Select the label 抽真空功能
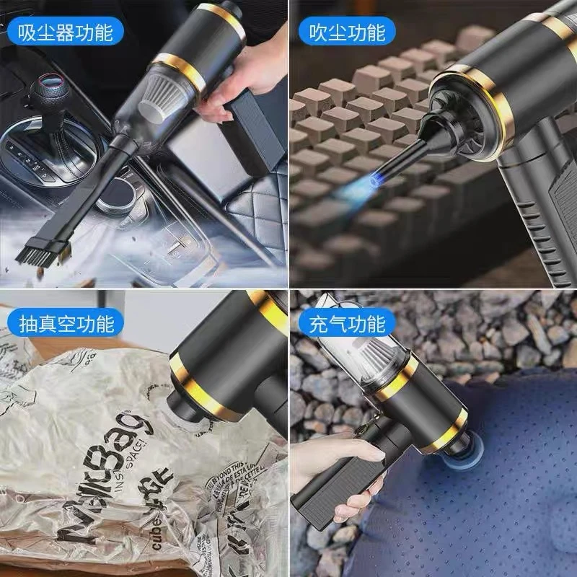[64, 324]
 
